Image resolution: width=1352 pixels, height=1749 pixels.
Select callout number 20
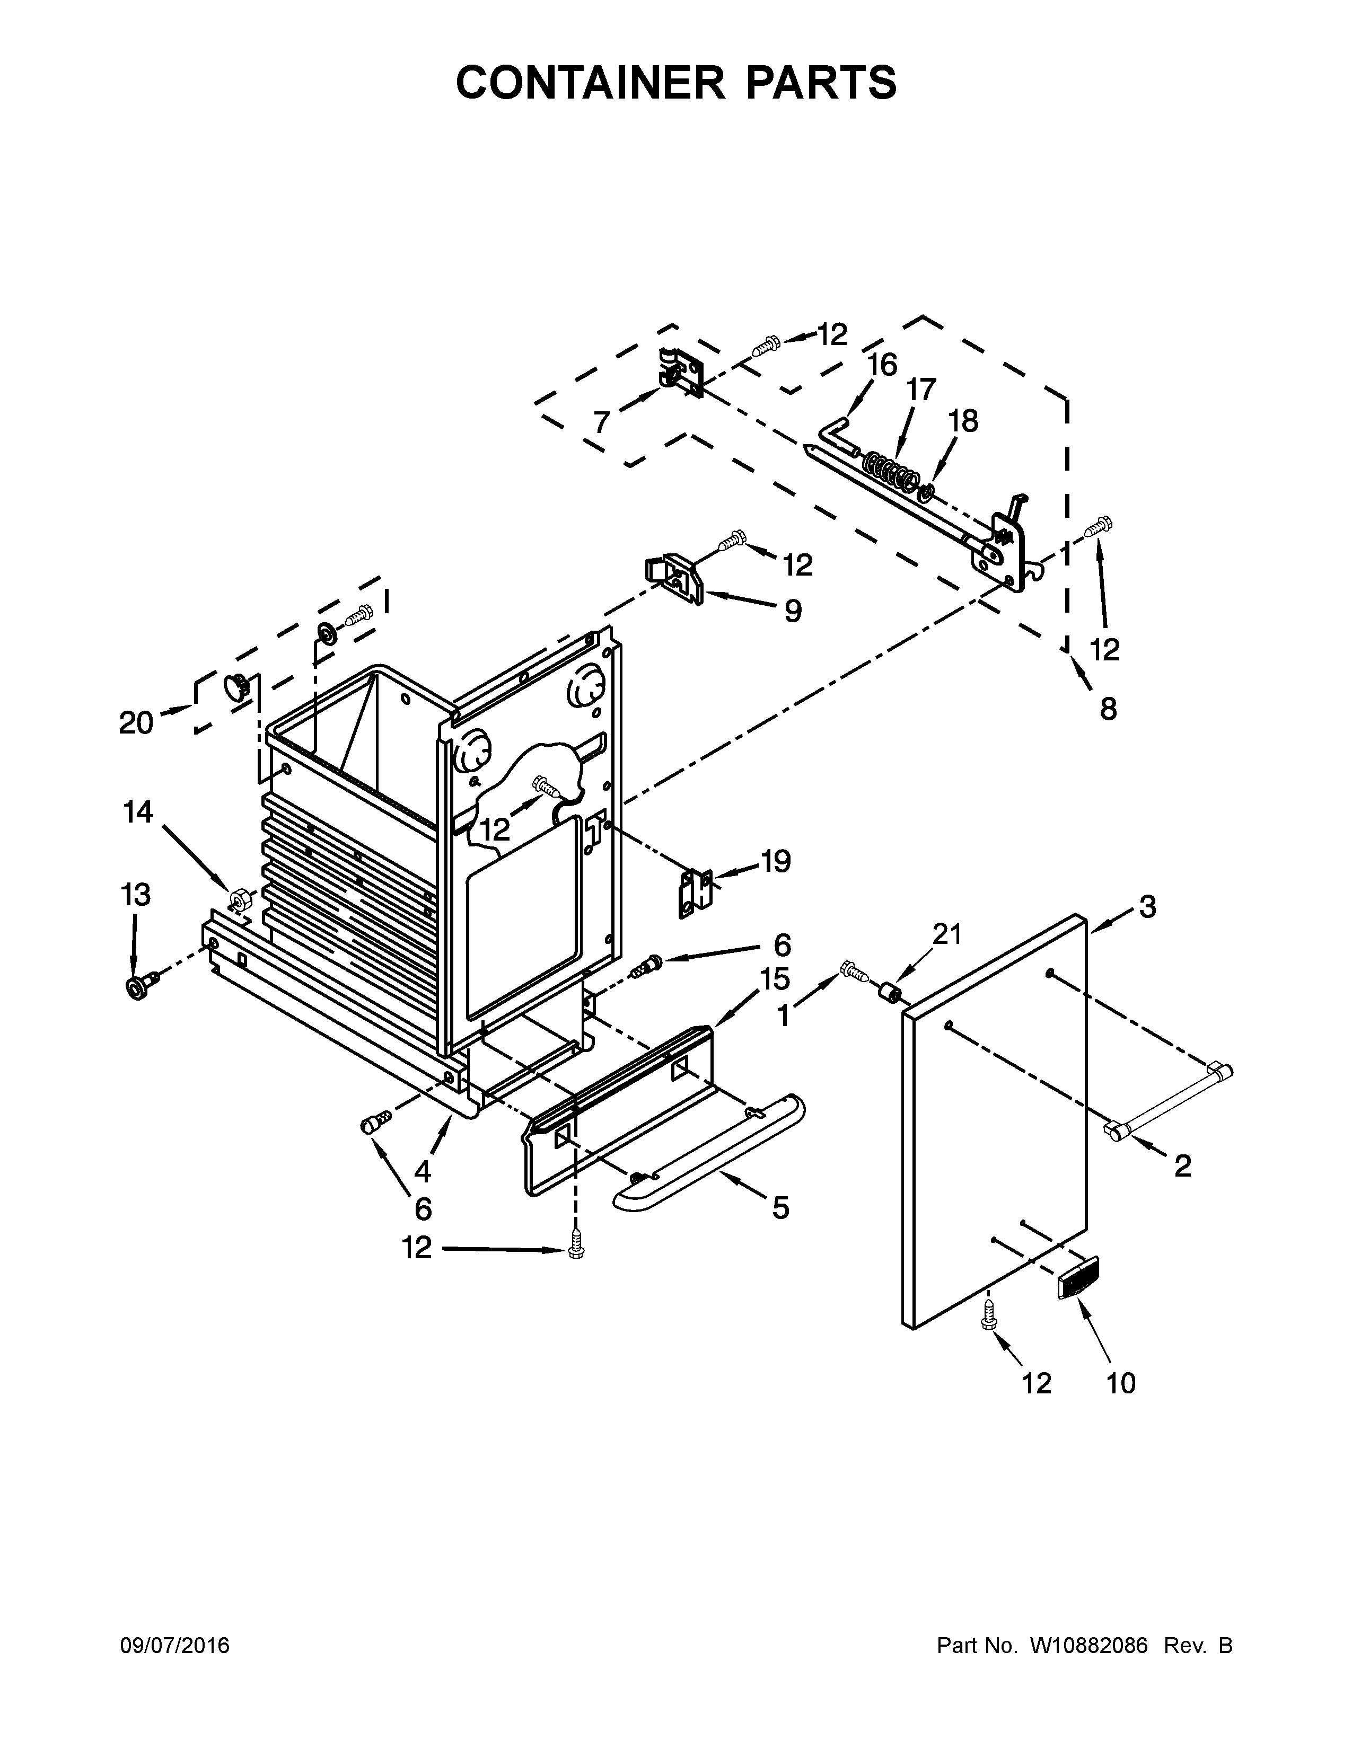(136, 723)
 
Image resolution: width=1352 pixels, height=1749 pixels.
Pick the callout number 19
(775, 862)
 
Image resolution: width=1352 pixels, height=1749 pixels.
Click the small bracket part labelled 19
(695, 891)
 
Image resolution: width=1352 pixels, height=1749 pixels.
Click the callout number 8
(1108, 709)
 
